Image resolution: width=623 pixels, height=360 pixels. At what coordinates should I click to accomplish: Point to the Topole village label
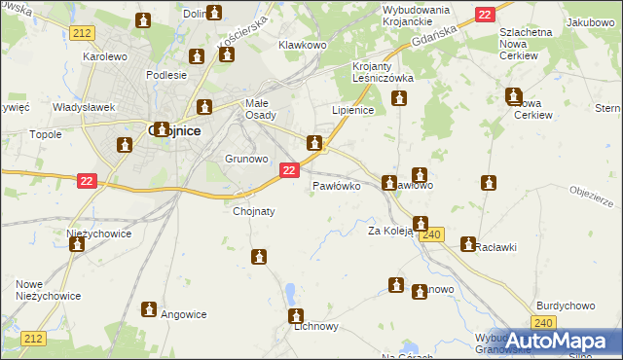point(46,134)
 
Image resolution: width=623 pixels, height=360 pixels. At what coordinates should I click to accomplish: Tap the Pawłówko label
point(337,185)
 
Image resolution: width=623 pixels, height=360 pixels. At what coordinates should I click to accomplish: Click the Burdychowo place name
point(566,306)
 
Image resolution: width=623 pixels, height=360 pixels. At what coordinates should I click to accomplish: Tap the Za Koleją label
point(390,231)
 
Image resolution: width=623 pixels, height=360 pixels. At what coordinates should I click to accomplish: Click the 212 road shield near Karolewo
point(83,33)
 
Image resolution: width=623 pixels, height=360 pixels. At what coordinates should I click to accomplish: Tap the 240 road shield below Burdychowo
point(545,324)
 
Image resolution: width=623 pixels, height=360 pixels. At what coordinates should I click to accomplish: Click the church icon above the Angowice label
point(149,308)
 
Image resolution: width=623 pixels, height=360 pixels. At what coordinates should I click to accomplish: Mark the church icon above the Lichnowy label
point(296,315)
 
